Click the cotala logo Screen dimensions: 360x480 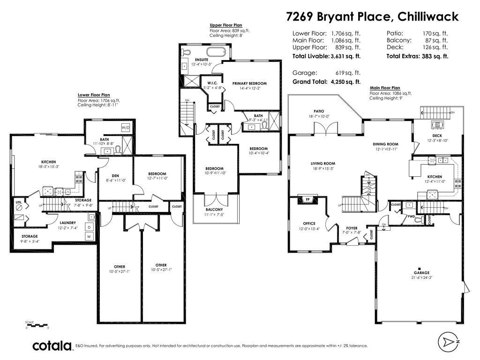click(52, 346)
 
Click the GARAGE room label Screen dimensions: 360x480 click(421, 272)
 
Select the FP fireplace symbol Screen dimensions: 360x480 click(308, 200)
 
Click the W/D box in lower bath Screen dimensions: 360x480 click(126, 127)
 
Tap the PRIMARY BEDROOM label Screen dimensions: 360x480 click(249, 83)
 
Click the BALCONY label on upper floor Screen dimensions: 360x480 click(214, 210)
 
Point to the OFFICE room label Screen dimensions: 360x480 click(309, 224)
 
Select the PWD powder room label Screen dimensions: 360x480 click(411, 217)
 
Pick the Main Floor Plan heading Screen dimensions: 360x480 click(385, 88)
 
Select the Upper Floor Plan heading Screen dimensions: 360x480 click(225, 25)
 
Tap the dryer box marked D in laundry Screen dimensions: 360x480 click(88, 227)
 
